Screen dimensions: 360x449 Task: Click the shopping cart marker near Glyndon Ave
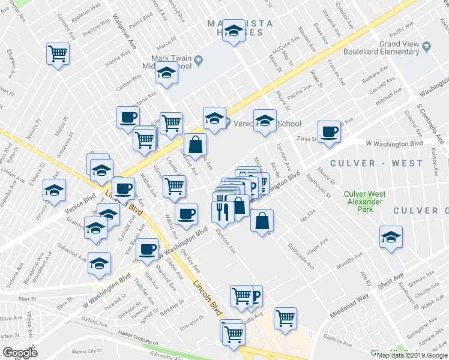click(x=174, y=186)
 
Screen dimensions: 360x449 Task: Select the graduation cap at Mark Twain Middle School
click(x=166, y=74)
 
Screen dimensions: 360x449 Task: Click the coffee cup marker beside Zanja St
click(x=329, y=132)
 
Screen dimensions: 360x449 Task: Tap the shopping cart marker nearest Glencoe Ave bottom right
click(x=286, y=317)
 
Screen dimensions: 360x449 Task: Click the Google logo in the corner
click(x=20, y=353)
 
